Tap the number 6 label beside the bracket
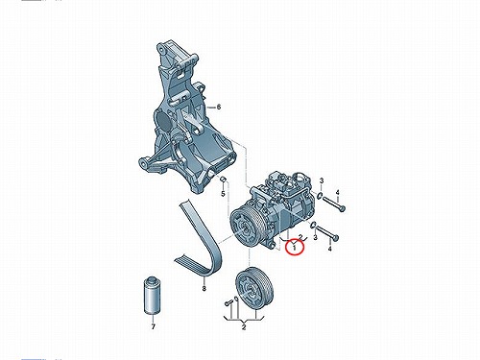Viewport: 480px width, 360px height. (219, 107)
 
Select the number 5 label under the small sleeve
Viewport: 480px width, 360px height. (224, 194)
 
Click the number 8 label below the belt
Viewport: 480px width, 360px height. (204, 289)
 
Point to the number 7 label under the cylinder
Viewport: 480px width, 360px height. (154, 326)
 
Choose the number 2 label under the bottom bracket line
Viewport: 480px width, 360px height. (244, 327)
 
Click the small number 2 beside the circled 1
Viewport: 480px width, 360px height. (300, 237)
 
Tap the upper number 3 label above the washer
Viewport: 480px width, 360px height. (322, 180)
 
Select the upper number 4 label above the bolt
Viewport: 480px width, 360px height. (337, 192)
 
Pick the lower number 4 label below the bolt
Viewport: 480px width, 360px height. (330, 248)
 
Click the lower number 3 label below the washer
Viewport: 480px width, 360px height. (315, 237)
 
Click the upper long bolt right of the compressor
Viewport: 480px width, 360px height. (334, 204)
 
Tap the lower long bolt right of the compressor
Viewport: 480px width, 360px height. (327, 233)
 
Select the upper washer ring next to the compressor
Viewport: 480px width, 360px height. (320, 195)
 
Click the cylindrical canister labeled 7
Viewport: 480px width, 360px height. (151, 295)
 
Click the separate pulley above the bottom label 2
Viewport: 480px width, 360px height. (254, 287)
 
